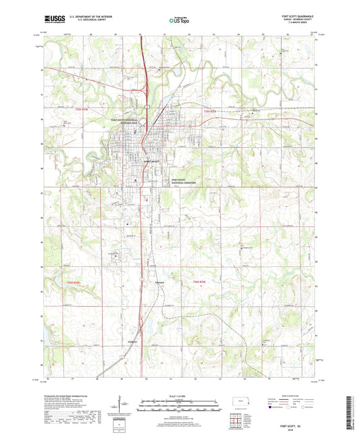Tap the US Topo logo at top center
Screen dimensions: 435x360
[170, 22]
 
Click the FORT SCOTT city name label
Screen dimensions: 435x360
[150, 161]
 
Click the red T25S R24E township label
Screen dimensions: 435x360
[101, 109]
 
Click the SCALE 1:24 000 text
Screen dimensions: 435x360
[179, 396]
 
